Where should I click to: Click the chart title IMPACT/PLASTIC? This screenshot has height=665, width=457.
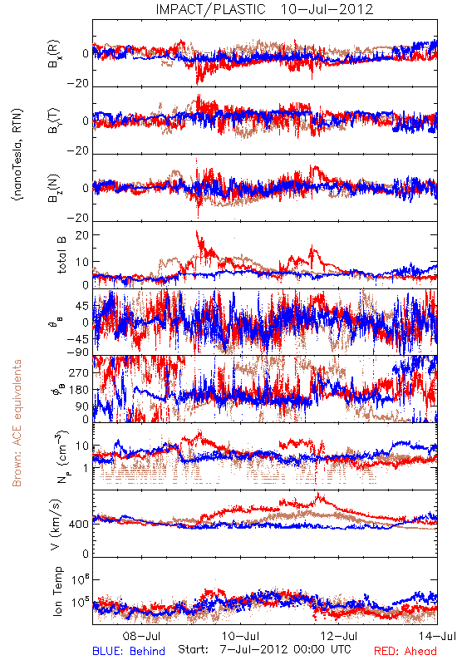click(x=211, y=9)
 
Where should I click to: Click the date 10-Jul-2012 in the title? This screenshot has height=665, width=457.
click(x=327, y=9)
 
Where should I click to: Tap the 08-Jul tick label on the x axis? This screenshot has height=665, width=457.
click(x=141, y=636)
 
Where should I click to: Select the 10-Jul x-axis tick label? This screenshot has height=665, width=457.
click(x=240, y=636)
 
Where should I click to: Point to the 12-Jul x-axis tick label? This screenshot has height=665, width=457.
click(x=339, y=636)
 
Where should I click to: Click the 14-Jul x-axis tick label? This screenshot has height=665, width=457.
click(x=438, y=636)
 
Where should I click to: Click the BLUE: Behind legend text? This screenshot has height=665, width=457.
click(x=129, y=651)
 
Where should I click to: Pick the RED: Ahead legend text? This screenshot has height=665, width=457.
click(x=405, y=651)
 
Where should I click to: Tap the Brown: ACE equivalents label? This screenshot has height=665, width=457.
click(x=17, y=423)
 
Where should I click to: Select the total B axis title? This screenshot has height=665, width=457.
click(x=61, y=255)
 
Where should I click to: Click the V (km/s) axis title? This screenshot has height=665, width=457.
click(x=56, y=525)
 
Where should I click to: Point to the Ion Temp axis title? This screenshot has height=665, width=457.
click(x=57, y=591)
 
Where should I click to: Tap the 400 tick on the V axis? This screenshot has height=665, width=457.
click(x=80, y=525)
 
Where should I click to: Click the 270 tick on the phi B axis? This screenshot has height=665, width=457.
click(x=80, y=372)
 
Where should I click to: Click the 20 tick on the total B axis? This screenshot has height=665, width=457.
click(x=82, y=235)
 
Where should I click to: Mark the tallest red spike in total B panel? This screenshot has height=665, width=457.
click(x=197, y=232)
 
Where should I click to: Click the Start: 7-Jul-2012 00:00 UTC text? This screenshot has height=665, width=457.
click(x=264, y=649)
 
